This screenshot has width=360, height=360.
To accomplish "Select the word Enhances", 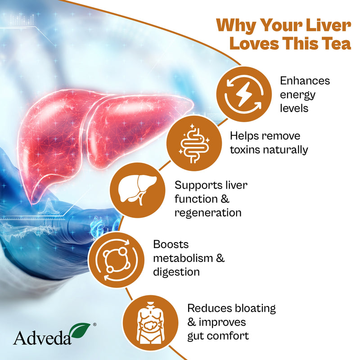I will pos(305,81).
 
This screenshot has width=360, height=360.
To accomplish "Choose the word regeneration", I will pos(208,212).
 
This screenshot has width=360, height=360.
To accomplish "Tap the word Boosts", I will pos(171,244).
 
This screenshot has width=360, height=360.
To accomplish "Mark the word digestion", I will pos(176,272).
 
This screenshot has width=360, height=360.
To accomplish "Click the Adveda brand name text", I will pos(43,337).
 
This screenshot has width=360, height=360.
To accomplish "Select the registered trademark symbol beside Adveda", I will pos(93,324).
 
